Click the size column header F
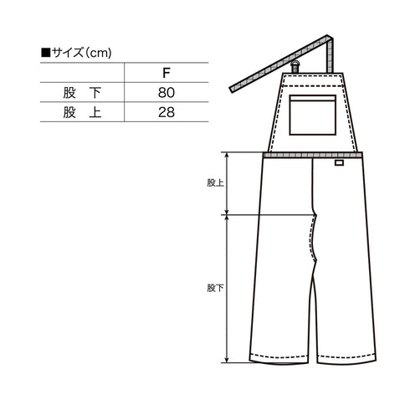[167, 73]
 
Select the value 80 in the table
[167, 93]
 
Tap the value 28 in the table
[167, 112]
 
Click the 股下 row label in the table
[82, 93]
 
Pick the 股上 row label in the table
[82, 112]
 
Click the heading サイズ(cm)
[81, 53]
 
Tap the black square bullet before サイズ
[45, 53]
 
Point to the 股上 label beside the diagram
[215, 183]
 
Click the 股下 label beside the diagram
[215, 288]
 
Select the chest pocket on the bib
[312, 115]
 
